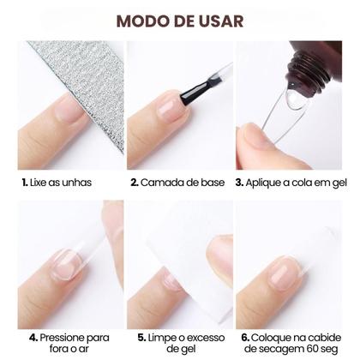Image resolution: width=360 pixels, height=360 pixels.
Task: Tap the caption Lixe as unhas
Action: click(59, 183)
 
